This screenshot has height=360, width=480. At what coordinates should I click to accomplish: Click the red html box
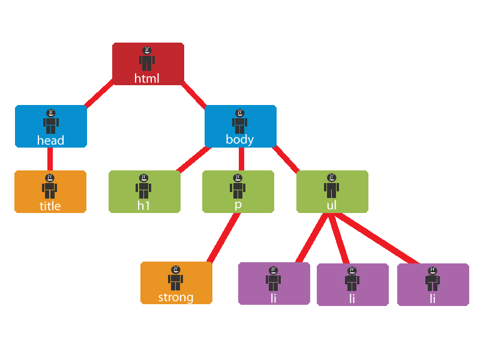pos(148,64)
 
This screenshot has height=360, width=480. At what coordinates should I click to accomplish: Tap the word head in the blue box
pos(50,140)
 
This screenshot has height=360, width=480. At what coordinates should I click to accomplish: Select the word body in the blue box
pos(240,140)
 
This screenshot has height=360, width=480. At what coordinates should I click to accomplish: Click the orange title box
pos(50,192)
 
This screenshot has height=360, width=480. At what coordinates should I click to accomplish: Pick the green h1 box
pos(145,192)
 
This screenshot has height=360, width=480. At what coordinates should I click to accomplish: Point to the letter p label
pos(238,205)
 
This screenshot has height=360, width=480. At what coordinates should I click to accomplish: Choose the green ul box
pos(332,192)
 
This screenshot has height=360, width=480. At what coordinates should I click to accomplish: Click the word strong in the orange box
pos(176,297)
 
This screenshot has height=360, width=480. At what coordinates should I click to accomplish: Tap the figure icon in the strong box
pos(176,278)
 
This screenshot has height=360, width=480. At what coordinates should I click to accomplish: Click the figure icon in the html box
pos(147,59)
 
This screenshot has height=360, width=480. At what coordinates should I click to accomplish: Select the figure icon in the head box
pos(51,121)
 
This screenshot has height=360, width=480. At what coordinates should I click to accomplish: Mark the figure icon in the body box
pos(240,121)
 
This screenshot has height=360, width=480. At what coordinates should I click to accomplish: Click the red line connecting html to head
pos(100,94)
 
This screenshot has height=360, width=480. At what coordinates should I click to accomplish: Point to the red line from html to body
pos(194,95)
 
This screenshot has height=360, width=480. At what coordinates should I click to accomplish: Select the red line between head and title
pos(50,159)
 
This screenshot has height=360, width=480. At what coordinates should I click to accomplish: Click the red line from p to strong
pos(223,238)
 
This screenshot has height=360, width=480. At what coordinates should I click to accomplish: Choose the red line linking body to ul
pos(287,158)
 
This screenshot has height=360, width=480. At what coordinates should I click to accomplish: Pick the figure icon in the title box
pos(50,186)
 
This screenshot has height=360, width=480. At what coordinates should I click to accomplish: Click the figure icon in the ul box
pos(332,186)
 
